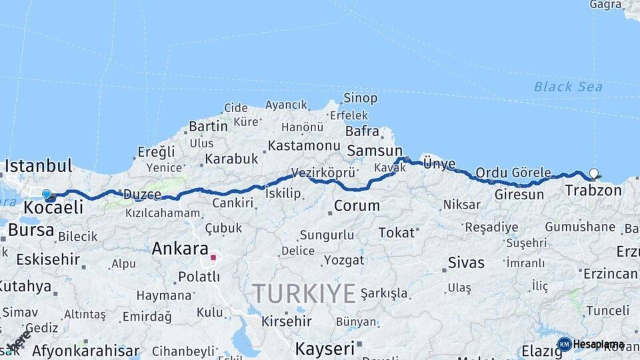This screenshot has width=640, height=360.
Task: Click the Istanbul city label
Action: [x=38, y=165]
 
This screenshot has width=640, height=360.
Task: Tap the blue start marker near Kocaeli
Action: [x=47, y=195]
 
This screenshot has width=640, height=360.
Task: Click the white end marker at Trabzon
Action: [x=594, y=174]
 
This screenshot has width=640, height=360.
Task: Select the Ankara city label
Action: [x=180, y=249]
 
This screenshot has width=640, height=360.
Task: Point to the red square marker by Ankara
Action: [x=213, y=257]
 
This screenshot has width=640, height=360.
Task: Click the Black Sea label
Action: [x=568, y=87]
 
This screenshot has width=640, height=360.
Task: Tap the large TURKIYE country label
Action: [x=303, y=293]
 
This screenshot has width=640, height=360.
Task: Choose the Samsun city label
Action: [x=375, y=151]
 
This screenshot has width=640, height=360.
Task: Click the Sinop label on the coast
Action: [x=360, y=98]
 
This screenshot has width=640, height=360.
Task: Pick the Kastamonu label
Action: [x=304, y=145]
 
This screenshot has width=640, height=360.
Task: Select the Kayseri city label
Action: [x=325, y=348]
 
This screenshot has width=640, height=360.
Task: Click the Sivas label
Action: [x=466, y=262]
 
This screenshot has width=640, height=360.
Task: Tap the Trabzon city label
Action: [x=593, y=191]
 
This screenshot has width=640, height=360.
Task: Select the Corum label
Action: [x=357, y=206]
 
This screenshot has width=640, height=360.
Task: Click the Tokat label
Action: [x=396, y=233]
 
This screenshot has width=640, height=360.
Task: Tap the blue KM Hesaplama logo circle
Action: [x=564, y=344]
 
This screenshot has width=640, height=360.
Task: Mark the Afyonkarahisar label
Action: [x=85, y=351]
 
